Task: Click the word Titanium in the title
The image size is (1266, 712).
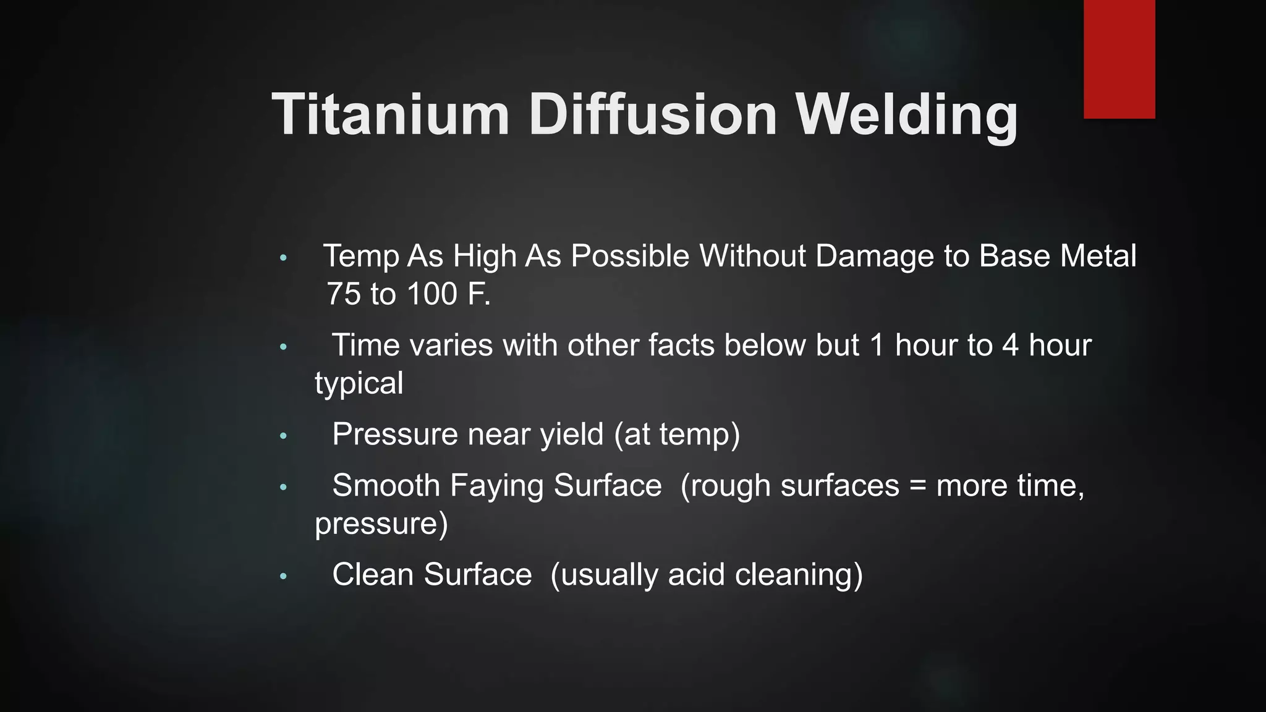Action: pos(391,115)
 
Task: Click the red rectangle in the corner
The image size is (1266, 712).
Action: pos(1119,59)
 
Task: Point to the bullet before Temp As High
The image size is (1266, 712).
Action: pos(283,258)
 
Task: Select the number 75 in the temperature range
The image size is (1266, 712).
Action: pos(343,294)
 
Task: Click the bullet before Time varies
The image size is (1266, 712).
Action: pos(283,347)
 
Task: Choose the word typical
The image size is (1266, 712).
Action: pos(359,384)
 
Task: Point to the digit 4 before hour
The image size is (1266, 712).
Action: pos(1010,345)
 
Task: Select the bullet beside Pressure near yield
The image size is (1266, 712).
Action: pos(283,436)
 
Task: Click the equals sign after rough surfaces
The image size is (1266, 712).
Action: pos(918,486)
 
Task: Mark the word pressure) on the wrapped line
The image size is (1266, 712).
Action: pos(381,524)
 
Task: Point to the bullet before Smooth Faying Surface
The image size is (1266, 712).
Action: pos(283,487)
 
